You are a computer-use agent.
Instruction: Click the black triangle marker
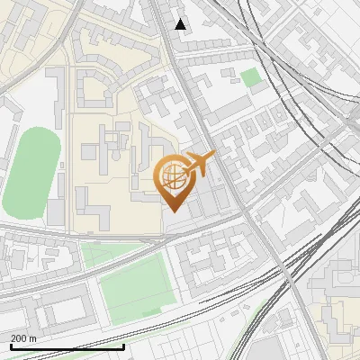pyautogui.click(x=181, y=24)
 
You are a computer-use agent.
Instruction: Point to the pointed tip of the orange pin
pyautogui.click(x=171, y=211)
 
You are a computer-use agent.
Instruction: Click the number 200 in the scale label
pyautogui.click(x=19, y=338)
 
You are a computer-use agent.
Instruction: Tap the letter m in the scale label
pyautogui.click(x=33, y=338)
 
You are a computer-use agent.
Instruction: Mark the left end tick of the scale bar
pyautogui.click(x=11, y=346)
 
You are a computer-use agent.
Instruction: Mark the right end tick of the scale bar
pyautogui.click(x=123, y=346)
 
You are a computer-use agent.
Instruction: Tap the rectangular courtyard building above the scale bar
pyautogui.click(x=64, y=311)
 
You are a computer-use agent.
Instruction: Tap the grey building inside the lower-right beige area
pyautogui.click(x=342, y=319)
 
